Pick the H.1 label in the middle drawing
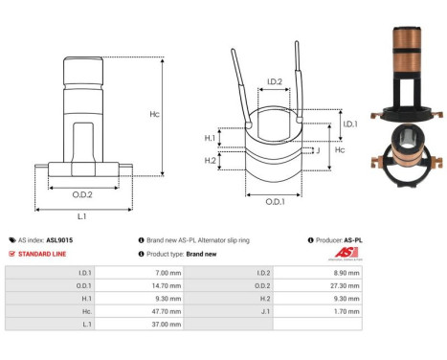point(211,138)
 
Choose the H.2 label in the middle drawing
point(211,159)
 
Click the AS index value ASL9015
point(59,240)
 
